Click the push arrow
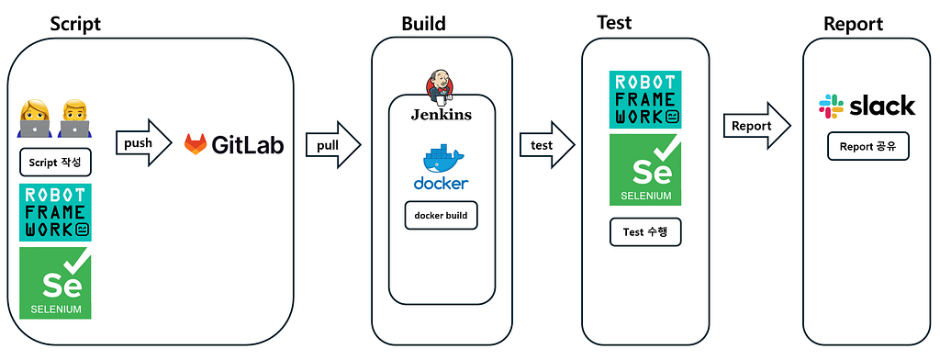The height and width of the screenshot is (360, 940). click(x=143, y=143)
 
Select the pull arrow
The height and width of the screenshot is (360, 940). click(x=332, y=145)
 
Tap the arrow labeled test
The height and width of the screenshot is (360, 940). click(x=547, y=144)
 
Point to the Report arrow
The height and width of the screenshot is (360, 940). click(x=757, y=126)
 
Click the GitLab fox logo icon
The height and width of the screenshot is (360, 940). click(x=195, y=144)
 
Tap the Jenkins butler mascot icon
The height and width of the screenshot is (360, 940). click(x=440, y=84)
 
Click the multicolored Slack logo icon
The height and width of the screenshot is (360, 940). click(x=831, y=107)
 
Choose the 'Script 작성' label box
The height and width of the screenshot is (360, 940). click(x=55, y=162)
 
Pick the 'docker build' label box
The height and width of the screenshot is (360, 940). click(x=442, y=216)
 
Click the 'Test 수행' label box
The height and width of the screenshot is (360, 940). click(x=645, y=232)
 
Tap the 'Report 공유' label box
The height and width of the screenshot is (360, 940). click(x=868, y=146)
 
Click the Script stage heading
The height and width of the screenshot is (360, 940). click(x=75, y=24)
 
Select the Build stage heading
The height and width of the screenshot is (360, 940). click(x=424, y=24)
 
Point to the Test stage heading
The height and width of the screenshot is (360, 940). click(x=614, y=23)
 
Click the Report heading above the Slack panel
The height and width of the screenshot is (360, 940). click(x=853, y=25)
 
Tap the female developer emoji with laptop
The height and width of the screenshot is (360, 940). click(x=34, y=118)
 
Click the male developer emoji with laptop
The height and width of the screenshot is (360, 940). click(x=75, y=118)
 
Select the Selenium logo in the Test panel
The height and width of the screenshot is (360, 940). click(x=645, y=170)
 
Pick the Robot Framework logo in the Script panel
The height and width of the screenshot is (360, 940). click(x=56, y=212)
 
